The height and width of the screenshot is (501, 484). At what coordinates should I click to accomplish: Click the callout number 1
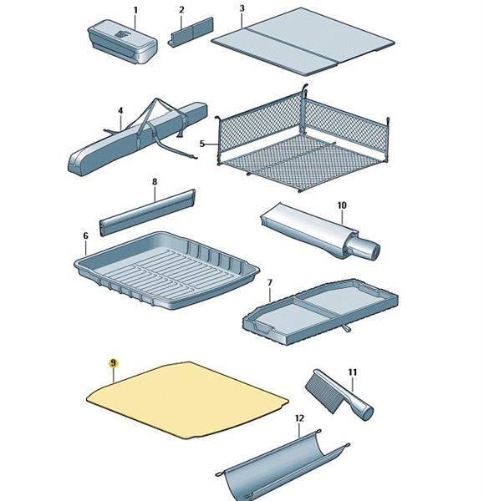pos(135,10)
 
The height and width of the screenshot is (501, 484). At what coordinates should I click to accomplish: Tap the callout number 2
pos(181,10)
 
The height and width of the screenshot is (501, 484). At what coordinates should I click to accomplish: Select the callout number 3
pos(242,8)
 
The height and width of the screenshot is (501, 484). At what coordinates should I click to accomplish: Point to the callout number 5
pos(201,144)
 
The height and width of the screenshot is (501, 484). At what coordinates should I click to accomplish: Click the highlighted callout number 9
pos(113,363)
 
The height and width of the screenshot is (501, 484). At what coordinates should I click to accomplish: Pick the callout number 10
pos(342,205)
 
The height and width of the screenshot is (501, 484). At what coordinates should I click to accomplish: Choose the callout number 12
pos(299,418)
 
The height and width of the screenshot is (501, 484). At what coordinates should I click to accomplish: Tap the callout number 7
pos(270,283)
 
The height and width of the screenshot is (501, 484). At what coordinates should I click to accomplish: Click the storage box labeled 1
pos(123,41)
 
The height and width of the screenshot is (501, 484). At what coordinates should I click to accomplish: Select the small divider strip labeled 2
pos(191,32)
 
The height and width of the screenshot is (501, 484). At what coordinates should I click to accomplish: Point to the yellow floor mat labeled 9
pos(188,400)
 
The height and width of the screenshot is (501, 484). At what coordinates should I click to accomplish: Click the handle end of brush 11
pos(365,412)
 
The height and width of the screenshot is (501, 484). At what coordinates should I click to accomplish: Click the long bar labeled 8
pos(147,212)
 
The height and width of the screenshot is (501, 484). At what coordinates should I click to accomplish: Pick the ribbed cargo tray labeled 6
pos(166,271)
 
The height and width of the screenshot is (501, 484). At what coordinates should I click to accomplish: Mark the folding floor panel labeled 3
pos(303,42)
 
